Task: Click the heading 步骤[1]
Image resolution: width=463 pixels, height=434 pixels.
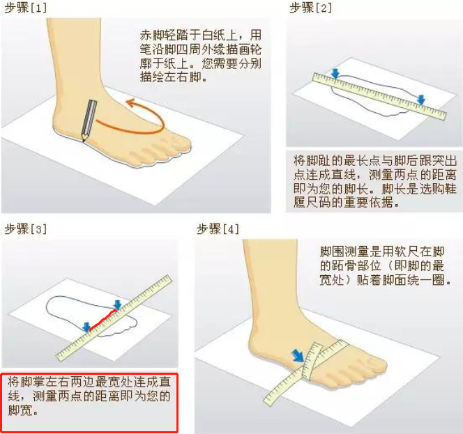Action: click(x=26, y=8)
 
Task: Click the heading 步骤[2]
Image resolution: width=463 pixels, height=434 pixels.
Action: click(x=310, y=8)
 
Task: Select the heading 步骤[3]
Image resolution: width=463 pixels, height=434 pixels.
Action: click(x=26, y=229)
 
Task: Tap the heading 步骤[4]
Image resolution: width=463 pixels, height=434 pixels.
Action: click(x=218, y=229)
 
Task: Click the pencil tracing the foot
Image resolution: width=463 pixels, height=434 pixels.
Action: click(x=89, y=121)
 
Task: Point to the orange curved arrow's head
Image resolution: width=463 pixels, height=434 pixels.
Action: click(x=130, y=103)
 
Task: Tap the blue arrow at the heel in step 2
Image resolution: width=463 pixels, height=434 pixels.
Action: click(x=335, y=74)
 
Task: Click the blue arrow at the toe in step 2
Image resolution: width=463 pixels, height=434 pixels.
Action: click(x=421, y=100)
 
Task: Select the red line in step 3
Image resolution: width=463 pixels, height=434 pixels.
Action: click(x=103, y=320)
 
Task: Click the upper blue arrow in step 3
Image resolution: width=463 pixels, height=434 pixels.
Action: click(x=118, y=305)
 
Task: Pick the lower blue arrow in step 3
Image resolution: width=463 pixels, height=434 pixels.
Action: click(x=86, y=327)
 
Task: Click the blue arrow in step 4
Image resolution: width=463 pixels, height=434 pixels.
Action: click(x=298, y=356)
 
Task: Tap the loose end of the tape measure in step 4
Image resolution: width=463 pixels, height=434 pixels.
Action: click(x=268, y=401)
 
